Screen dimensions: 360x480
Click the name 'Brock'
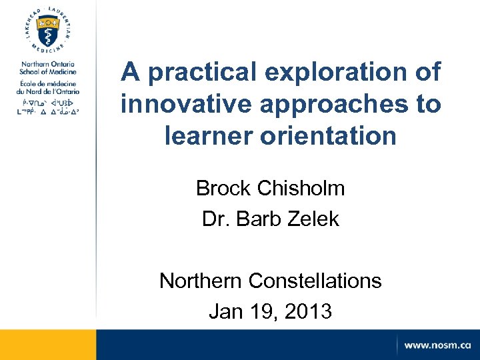click(x=222, y=189)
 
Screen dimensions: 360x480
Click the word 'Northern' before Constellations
click(x=200, y=281)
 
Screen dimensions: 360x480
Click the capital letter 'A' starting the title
click(x=131, y=73)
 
